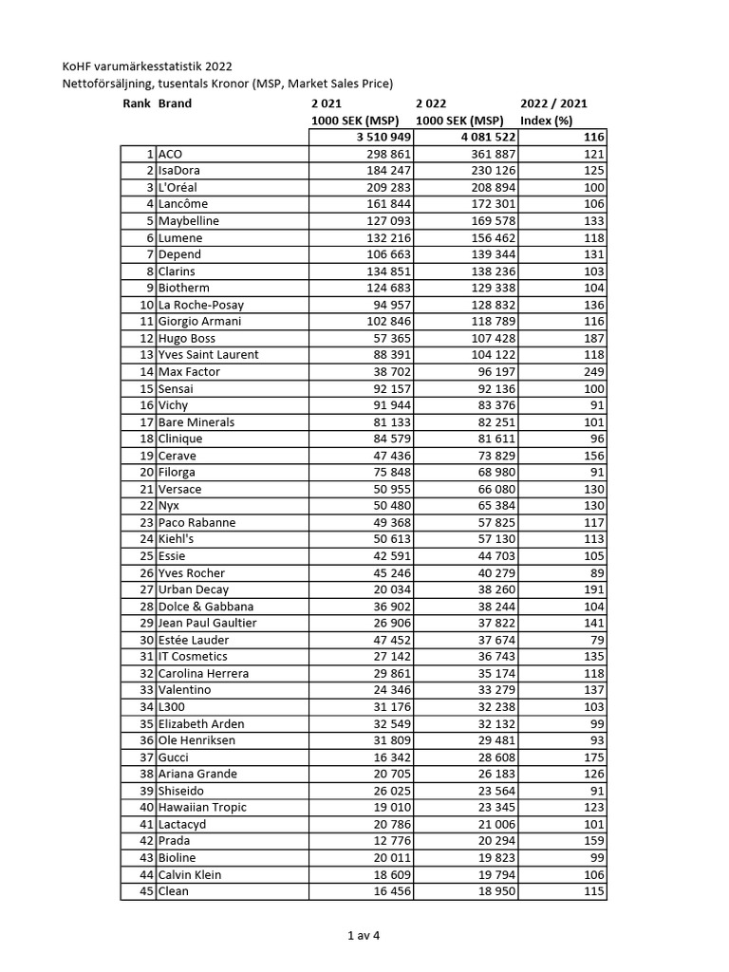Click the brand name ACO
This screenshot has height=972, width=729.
(x=171, y=154)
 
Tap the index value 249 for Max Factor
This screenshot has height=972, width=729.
(x=594, y=372)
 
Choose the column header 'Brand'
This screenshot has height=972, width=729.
(x=175, y=103)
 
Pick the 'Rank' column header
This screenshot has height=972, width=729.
(x=138, y=103)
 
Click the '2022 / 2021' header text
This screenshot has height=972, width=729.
(x=553, y=103)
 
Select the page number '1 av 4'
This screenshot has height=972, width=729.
(x=364, y=935)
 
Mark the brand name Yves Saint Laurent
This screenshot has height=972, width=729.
(x=208, y=355)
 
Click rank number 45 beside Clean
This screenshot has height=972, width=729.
(x=146, y=891)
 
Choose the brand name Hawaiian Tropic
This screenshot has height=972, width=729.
(x=202, y=808)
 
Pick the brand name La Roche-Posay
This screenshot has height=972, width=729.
(x=201, y=305)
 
